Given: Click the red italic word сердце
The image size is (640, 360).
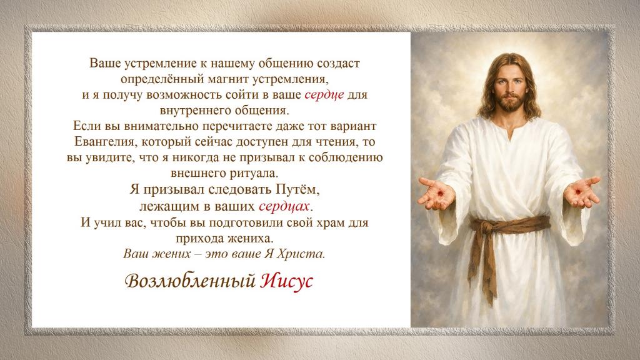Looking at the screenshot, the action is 324,95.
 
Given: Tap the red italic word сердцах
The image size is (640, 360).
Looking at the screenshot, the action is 284,206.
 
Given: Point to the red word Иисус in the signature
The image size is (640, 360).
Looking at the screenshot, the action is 286,281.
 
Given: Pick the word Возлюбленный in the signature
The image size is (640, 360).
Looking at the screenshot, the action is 190,281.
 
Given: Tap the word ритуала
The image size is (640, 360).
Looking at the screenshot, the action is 252,174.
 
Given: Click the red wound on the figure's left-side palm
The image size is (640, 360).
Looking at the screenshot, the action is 440,192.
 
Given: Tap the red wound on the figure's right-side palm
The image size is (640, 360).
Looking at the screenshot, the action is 577,191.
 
